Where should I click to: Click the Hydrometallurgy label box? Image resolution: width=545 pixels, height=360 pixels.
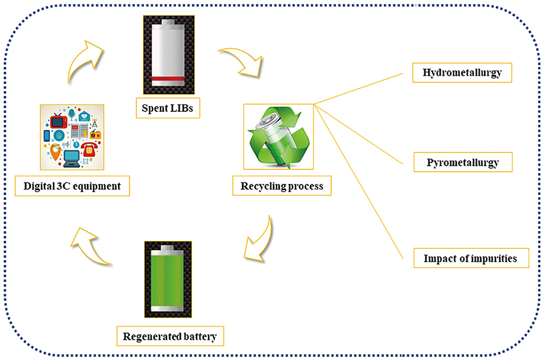point(462,73)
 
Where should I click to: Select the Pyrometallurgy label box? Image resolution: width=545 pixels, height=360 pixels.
point(462,162)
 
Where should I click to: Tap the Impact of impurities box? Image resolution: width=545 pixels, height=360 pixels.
point(470,258)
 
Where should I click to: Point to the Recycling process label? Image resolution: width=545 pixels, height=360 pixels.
point(282,186)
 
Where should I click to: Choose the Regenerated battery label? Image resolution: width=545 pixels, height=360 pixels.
point(169,337)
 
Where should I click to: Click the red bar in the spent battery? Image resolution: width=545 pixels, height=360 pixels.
point(169,82)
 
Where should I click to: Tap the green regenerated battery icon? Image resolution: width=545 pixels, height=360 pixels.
point(169,278)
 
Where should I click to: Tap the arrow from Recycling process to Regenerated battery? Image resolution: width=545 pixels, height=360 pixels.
point(261,240)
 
